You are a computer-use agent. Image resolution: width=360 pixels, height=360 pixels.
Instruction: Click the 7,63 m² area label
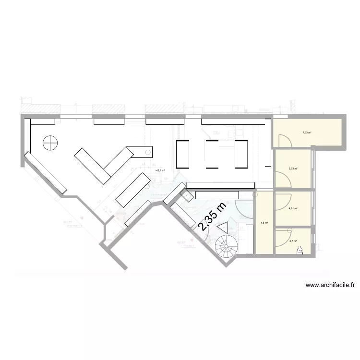(x=307, y=133)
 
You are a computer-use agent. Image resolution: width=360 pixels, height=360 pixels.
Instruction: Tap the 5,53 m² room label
(x=293, y=168)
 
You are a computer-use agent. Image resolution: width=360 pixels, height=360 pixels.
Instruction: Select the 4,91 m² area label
(x=293, y=208)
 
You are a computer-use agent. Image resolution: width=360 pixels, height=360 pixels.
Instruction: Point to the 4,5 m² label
(x=264, y=223)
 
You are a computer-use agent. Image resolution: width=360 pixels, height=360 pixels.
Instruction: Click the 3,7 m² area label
(x=293, y=241)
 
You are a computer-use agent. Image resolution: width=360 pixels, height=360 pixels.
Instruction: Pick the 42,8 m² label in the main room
(x=160, y=170)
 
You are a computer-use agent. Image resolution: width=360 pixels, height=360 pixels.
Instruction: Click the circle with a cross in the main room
(x=50, y=143)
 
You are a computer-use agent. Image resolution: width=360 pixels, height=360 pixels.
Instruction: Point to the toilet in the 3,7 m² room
(x=300, y=249)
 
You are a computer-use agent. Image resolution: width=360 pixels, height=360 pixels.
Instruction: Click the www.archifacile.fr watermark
(x=330, y=285)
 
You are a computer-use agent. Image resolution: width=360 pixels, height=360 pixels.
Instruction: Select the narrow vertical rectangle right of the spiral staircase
(x=250, y=240)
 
